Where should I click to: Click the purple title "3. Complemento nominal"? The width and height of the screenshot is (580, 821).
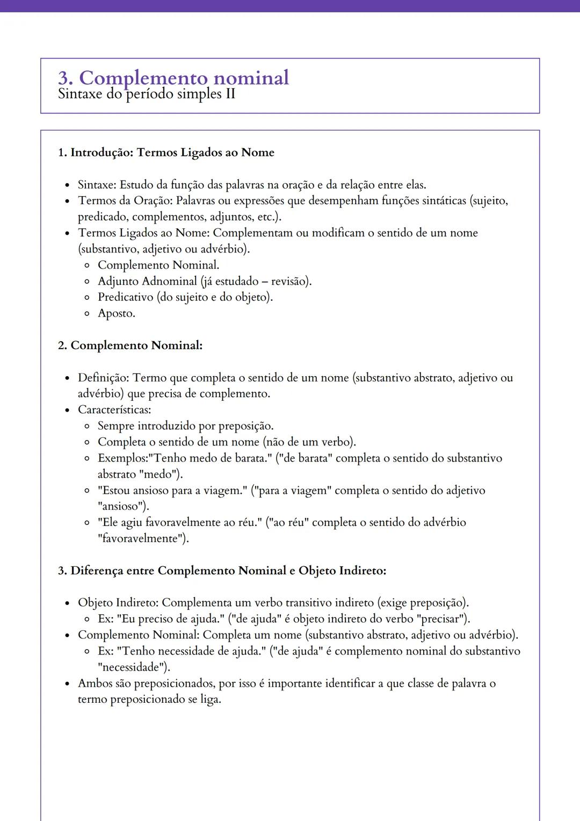pos(173,78)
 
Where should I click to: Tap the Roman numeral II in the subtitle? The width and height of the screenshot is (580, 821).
pos(230,95)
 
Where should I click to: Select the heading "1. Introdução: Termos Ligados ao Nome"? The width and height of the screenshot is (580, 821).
pos(166,153)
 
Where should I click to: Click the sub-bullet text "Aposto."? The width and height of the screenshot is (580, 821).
pos(117,313)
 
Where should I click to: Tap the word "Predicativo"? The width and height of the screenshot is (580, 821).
pos(125,297)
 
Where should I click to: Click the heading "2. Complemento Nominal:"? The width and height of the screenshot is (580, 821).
pos(130,345)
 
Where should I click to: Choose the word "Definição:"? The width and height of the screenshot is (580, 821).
pos(103,378)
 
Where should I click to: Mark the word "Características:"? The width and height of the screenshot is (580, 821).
pos(114,410)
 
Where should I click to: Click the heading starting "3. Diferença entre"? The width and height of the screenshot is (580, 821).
pos(222,571)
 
